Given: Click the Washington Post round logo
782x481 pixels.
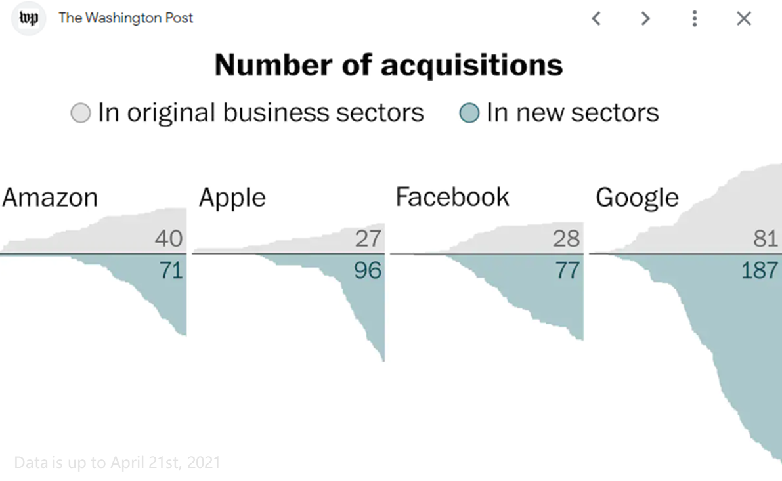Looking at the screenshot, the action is click(28, 18).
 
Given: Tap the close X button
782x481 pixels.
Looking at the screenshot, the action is click(744, 18).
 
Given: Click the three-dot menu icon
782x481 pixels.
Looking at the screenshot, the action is click(694, 18).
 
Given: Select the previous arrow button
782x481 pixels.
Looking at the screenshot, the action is click(596, 18).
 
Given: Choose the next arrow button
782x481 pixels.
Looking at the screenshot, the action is click(645, 18).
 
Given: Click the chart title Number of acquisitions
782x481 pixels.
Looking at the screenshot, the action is click(389, 66).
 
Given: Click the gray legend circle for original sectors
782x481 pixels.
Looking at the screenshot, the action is click(81, 113).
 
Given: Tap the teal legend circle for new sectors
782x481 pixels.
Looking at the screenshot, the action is click(469, 113).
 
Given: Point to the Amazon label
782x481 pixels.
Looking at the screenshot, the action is click(50, 198).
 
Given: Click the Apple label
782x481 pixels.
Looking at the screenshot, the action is click(232, 198).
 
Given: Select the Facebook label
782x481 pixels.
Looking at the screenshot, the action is click(452, 197).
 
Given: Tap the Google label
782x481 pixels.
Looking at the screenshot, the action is click(638, 198).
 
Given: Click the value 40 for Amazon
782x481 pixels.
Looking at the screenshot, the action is click(169, 238).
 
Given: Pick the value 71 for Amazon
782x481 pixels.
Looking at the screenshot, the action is click(171, 270).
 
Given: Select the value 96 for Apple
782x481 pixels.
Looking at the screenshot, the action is click(368, 270).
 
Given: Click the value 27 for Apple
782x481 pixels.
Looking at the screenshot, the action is click(368, 238).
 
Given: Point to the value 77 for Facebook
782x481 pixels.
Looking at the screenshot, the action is click(567, 270).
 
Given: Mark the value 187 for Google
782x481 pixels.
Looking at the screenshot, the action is click(759, 270).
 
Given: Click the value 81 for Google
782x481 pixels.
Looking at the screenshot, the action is click(765, 238).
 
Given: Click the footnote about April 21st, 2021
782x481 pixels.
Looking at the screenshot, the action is click(117, 463).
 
